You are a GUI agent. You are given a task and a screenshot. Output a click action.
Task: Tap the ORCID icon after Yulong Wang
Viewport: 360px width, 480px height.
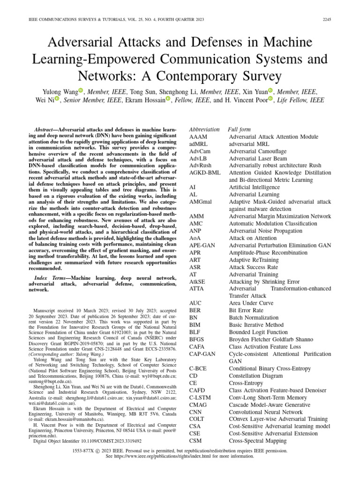[x=80, y=90]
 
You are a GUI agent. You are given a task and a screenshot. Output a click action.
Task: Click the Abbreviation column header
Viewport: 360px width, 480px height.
[x=204, y=129]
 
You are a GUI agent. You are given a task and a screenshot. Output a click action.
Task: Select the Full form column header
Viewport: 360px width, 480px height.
[x=239, y=129]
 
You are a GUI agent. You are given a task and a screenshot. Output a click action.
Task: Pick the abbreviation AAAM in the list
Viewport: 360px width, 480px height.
[x=198, y=137]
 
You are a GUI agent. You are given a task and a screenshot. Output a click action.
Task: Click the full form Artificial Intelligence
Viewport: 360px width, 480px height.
[x=254, y=187]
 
